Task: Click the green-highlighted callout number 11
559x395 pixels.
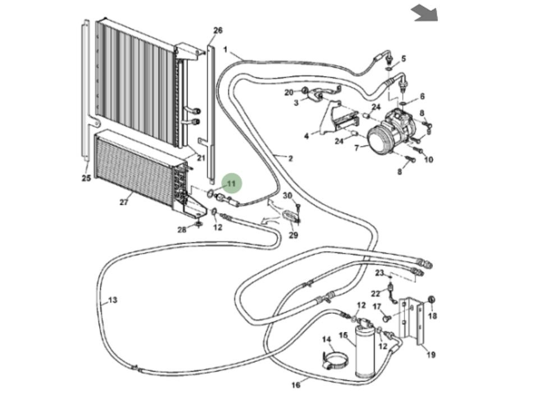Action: click(x=231, y=183)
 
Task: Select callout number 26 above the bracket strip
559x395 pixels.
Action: click(x=218, y=30)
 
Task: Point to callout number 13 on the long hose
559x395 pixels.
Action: click(x=112, y=300)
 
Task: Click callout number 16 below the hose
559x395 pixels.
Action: click(x=296, y=384)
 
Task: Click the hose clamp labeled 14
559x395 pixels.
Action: click(x=336, y=360)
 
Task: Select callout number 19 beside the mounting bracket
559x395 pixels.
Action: click(x=431, y=355)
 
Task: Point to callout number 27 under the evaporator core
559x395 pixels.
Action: click(x=124, y=203)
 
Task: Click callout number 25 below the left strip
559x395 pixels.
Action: click(x=86, y=178)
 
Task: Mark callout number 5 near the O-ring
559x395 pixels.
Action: click(x=404, y=58)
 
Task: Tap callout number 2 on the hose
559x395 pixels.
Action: click(x=290, y=159)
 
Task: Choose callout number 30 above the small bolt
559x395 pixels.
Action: click(x=288, y=196)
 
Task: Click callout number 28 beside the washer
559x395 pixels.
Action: click(x=182, y=229)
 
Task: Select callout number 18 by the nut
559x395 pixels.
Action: click(x=432, y=316)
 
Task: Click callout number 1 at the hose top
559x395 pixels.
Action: click(x=225, y=50)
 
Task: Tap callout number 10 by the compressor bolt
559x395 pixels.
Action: click(x=429, y=160)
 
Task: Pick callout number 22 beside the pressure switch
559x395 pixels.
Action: click(x=375, y=293)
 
